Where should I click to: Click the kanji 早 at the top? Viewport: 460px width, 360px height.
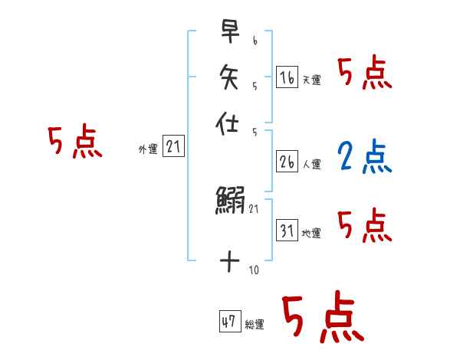pos(229,31)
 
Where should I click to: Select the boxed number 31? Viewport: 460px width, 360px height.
pos(287,230)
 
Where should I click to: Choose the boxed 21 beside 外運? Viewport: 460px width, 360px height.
pos(173,147)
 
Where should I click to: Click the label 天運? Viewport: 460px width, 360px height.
pos(312,80)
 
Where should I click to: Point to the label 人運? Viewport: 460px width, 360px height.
pos(312,164)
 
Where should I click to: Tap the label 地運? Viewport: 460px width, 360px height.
pos(312,234)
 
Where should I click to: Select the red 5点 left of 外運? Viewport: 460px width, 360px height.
pos(74,142)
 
